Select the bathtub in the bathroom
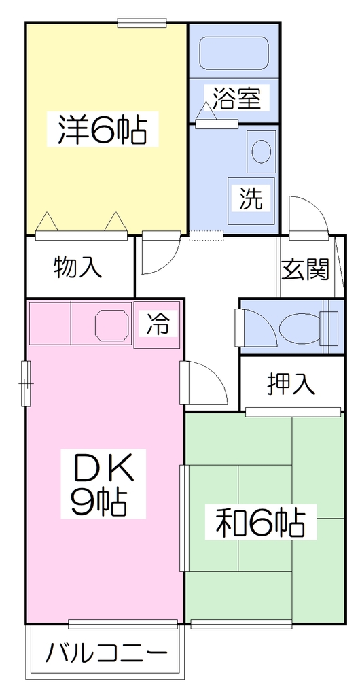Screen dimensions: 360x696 point(234,53)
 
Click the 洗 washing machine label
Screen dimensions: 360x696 point(251,198)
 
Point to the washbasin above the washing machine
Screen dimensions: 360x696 point(261,151)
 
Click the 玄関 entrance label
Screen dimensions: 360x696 point(306,269)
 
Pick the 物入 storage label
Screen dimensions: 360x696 point(78,267)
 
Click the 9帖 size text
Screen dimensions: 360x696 point(100,502)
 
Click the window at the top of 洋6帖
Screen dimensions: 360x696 point(142,22)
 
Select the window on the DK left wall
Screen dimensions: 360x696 point(26,383)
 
